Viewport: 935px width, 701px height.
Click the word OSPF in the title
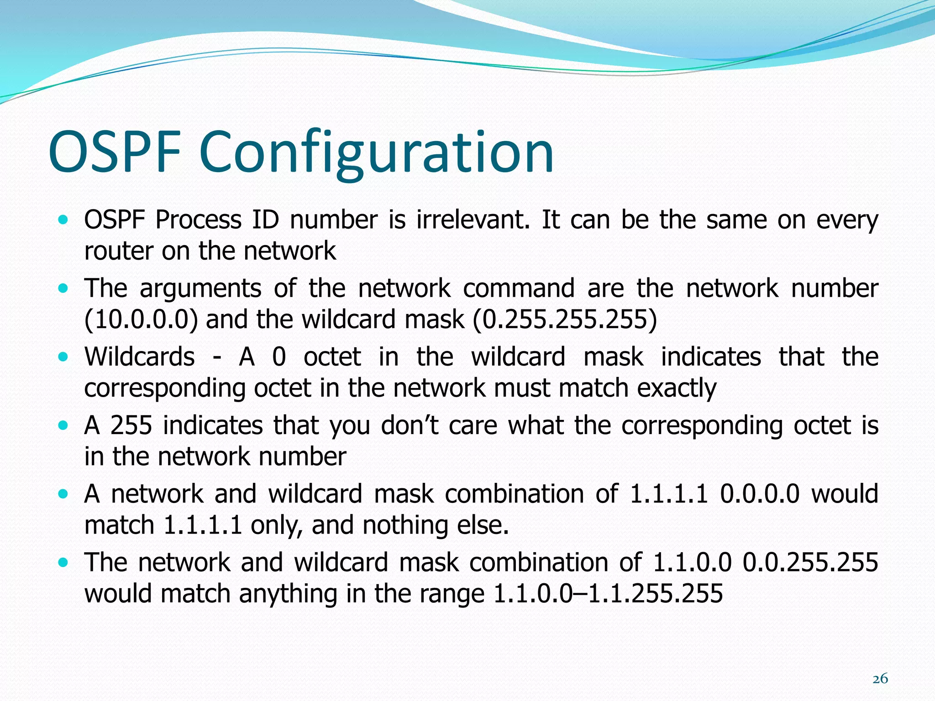point(114,152)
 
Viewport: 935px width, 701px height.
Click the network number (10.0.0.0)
point(141,319)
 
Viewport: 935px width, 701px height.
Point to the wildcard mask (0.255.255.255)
point(565,319)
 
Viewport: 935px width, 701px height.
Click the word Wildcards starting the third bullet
point(140,357)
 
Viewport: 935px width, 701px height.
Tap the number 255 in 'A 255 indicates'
point(131,425)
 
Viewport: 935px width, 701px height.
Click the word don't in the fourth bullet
point(410,425)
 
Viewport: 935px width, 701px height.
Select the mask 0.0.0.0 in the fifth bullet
point(760,494)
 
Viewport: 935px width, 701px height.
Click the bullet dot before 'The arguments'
point(63,289)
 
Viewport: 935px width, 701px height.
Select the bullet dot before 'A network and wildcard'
point(63,494)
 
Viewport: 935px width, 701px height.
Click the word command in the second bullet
point(519,288)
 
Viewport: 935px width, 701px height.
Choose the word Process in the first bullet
point(198,220)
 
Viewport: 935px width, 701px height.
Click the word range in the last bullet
point(452,594)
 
